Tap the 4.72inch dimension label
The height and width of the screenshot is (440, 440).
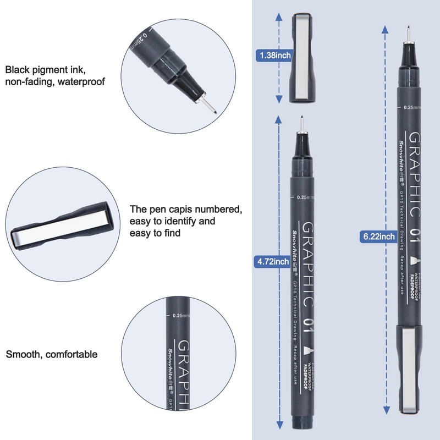pyautogui.click(x=273, y=262)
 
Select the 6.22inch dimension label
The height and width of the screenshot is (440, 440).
pyautogui.click(x=379, y=237)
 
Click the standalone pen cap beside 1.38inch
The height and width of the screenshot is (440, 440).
pyautogui.click(x=301, y=58)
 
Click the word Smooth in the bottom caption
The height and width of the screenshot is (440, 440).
pyautogui.click(x=23, y=354)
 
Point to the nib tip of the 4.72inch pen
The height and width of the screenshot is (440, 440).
pyautogui.click(x=301, y=119)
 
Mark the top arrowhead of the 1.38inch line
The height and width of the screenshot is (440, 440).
pyautogui.click(x=279, y=18)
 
